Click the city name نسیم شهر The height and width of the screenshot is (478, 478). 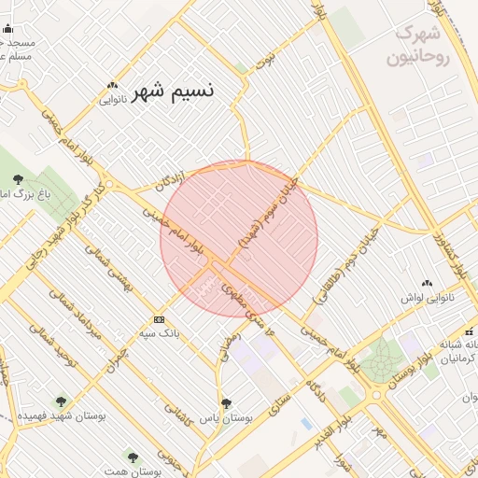(x=173, y=91)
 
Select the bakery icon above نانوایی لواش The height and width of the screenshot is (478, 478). (x=428, y=283)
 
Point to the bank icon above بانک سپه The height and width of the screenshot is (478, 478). (x=160, y=318)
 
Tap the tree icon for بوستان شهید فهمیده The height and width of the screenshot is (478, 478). (x=62, y=401)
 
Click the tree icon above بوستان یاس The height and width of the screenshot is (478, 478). (x=226, y=403)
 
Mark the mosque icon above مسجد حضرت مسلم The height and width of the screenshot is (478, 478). (x=8, y=29)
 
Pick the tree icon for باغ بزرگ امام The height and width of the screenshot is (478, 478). (x=19, y=179)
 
